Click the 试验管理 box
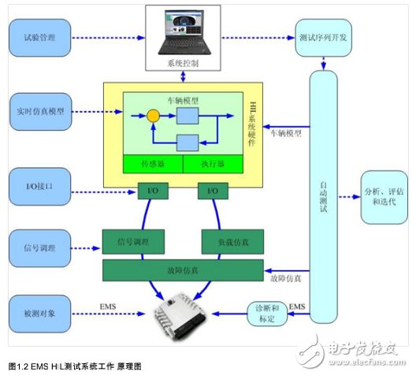[39, 37]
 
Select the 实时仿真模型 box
[39, 105]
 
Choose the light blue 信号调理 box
[39, 248]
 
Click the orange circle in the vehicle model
[152, 117]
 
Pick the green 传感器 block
[152, 164]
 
